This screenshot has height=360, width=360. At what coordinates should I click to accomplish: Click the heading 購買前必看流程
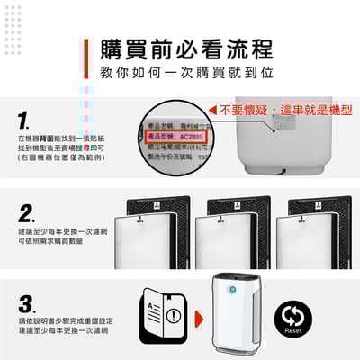(185, 49)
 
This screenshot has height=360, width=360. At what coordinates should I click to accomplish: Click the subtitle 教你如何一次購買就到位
(185, 72)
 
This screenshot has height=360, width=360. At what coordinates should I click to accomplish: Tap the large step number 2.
(27, 214)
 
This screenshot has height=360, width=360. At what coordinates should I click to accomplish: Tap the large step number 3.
(27, 303)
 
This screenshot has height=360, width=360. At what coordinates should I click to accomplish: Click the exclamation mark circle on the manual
(173, 316)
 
